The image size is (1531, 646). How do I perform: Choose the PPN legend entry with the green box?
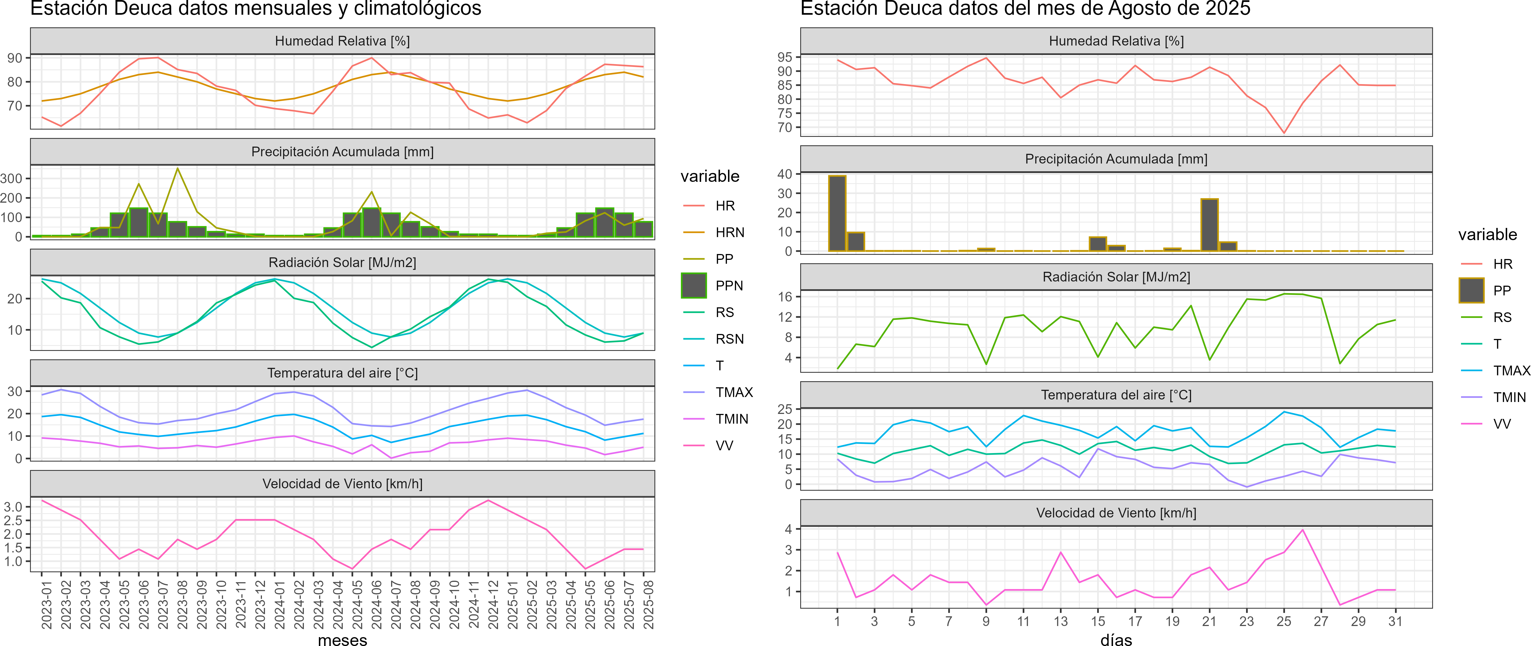[729, 286]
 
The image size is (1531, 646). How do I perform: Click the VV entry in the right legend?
[1502, 424]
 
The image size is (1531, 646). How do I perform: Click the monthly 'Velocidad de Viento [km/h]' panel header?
[342, 484]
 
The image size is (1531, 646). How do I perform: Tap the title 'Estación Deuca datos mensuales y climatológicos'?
[256, 8]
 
